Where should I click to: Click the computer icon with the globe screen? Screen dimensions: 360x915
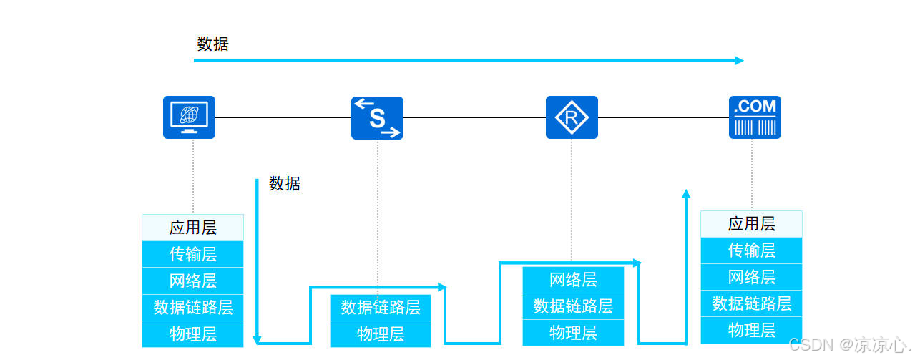[x=189, y=117]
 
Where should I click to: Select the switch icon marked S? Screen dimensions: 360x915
[x=377, y=117]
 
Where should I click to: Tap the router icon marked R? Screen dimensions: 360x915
[x=572, y=117]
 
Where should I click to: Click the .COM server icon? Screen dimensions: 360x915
[x=755, y=117]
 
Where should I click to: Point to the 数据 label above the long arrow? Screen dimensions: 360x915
[x=213, y=44]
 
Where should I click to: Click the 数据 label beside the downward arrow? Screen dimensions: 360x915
[x=285, y=183]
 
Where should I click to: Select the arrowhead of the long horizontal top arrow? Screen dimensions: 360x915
[x=740, y=61]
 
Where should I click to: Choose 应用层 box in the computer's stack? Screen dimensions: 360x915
[x=192, y=228]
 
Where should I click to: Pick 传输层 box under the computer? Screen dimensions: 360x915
[x=192, y=254]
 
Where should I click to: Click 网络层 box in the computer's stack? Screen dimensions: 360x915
[x=192, y=281]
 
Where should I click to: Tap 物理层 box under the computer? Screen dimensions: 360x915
[x=192, y=334]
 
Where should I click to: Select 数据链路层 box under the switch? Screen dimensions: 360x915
[x=380, y=308]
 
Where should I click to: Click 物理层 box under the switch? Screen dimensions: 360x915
[x=380, y=334]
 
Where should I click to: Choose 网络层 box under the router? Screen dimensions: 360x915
[x=573, y=279]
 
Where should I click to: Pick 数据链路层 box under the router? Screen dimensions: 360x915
[x=573, y=306]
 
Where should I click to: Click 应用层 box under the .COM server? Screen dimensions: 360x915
[x=751, y=224]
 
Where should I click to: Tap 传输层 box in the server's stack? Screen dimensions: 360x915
[x=751, y=250]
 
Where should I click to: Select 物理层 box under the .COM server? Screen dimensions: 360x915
[x=751, y=330]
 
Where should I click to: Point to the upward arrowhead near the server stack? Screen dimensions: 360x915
[x=686, y=193]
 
